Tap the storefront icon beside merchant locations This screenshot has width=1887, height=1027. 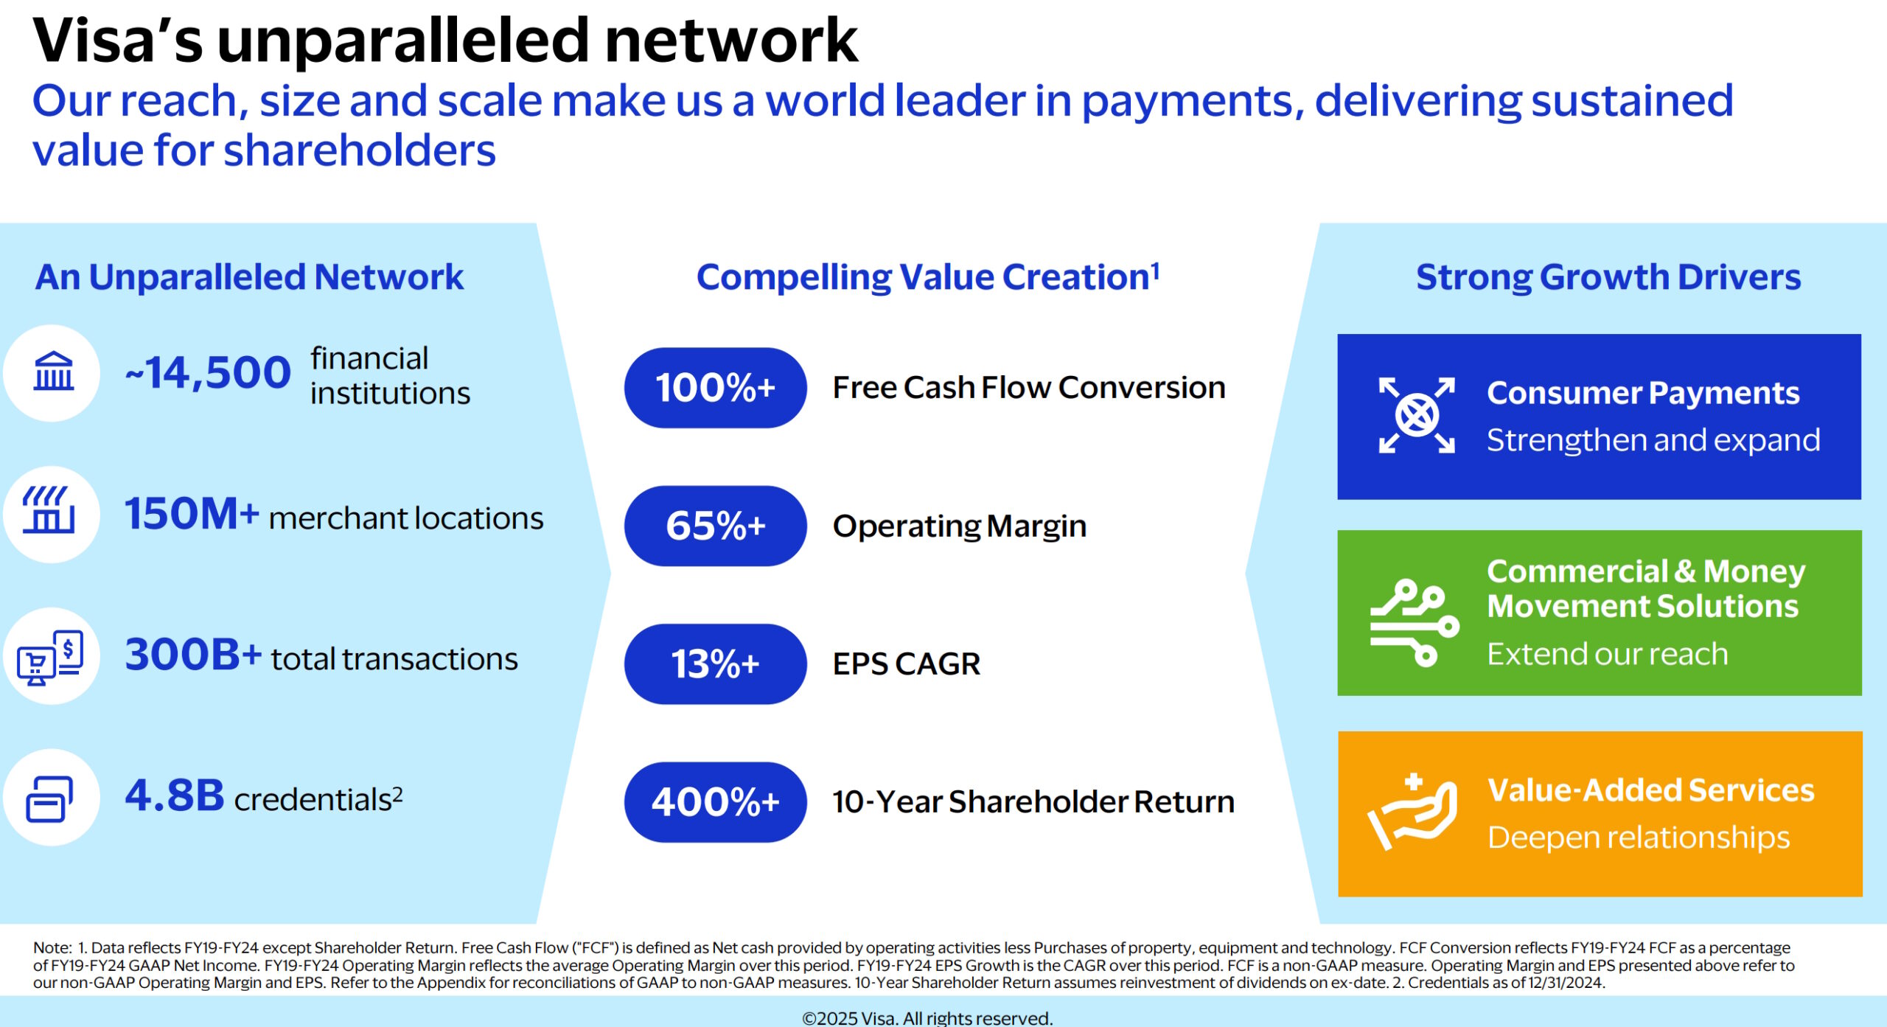pyautogui.click(x=49, y=509)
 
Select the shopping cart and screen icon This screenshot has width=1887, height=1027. pyautogui.click(x=50, y=657)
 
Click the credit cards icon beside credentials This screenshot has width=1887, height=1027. pyautogui.click(x=49, y=798)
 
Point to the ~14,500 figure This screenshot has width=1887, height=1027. pyautogui.click(x=208, y=372)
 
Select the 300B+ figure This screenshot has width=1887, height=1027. pyautogui.click(x=193, y=654)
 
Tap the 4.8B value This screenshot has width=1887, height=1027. pyautogui.click(x=175, y=796)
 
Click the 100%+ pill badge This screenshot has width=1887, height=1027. pyautogui.click(x=715, y=388)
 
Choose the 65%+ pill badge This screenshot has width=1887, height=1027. pyautogui.click(x=715, y=526)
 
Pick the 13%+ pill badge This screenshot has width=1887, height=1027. pyautogui.click(x=715, y=664)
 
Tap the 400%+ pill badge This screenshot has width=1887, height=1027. pyautogui.click(x=715, y=802)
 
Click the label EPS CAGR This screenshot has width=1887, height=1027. pyautogui.click(x=907, y=664)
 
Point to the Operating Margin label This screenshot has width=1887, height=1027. pyautogui.click(x=960, y=526)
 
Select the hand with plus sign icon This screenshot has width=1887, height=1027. pyautogui.click(x=1412, y=812)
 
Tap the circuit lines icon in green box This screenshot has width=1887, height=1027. pyautogui.click(x=1415, y=623)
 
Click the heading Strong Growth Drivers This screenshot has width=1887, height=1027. pyautogui.click(x=1608, y=277)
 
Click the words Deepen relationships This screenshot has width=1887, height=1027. pyautogui.click(x=1639, y=838)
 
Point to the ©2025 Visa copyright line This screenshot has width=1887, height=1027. pyautogui.click(x=927, y=1018)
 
